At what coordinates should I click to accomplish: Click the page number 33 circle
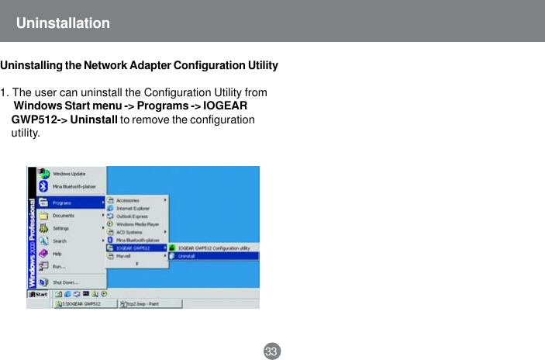click(x=271, y=351)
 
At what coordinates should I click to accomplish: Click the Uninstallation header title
click(x=63, y=23)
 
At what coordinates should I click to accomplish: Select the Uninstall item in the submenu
click(x=186, y=256)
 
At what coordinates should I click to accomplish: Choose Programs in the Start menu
click(x=62, y=203)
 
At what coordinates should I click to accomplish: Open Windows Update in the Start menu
click(x=68, y=174)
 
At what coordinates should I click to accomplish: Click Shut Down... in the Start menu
click(x=64, y=282)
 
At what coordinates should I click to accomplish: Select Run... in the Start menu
click(x=58, y=266)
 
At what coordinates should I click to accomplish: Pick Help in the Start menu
click(x=57, y=254)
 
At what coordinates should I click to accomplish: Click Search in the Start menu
click(x=60, y=241)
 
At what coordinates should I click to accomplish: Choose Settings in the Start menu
click(x=60, y=228)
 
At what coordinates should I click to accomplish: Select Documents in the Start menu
click(x=63, y=216)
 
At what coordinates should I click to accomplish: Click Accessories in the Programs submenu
click(x=127, y=200)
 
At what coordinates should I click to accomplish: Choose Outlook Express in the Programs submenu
click(x=132, y=216)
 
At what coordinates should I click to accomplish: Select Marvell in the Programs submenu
click(x=124, y=256)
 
